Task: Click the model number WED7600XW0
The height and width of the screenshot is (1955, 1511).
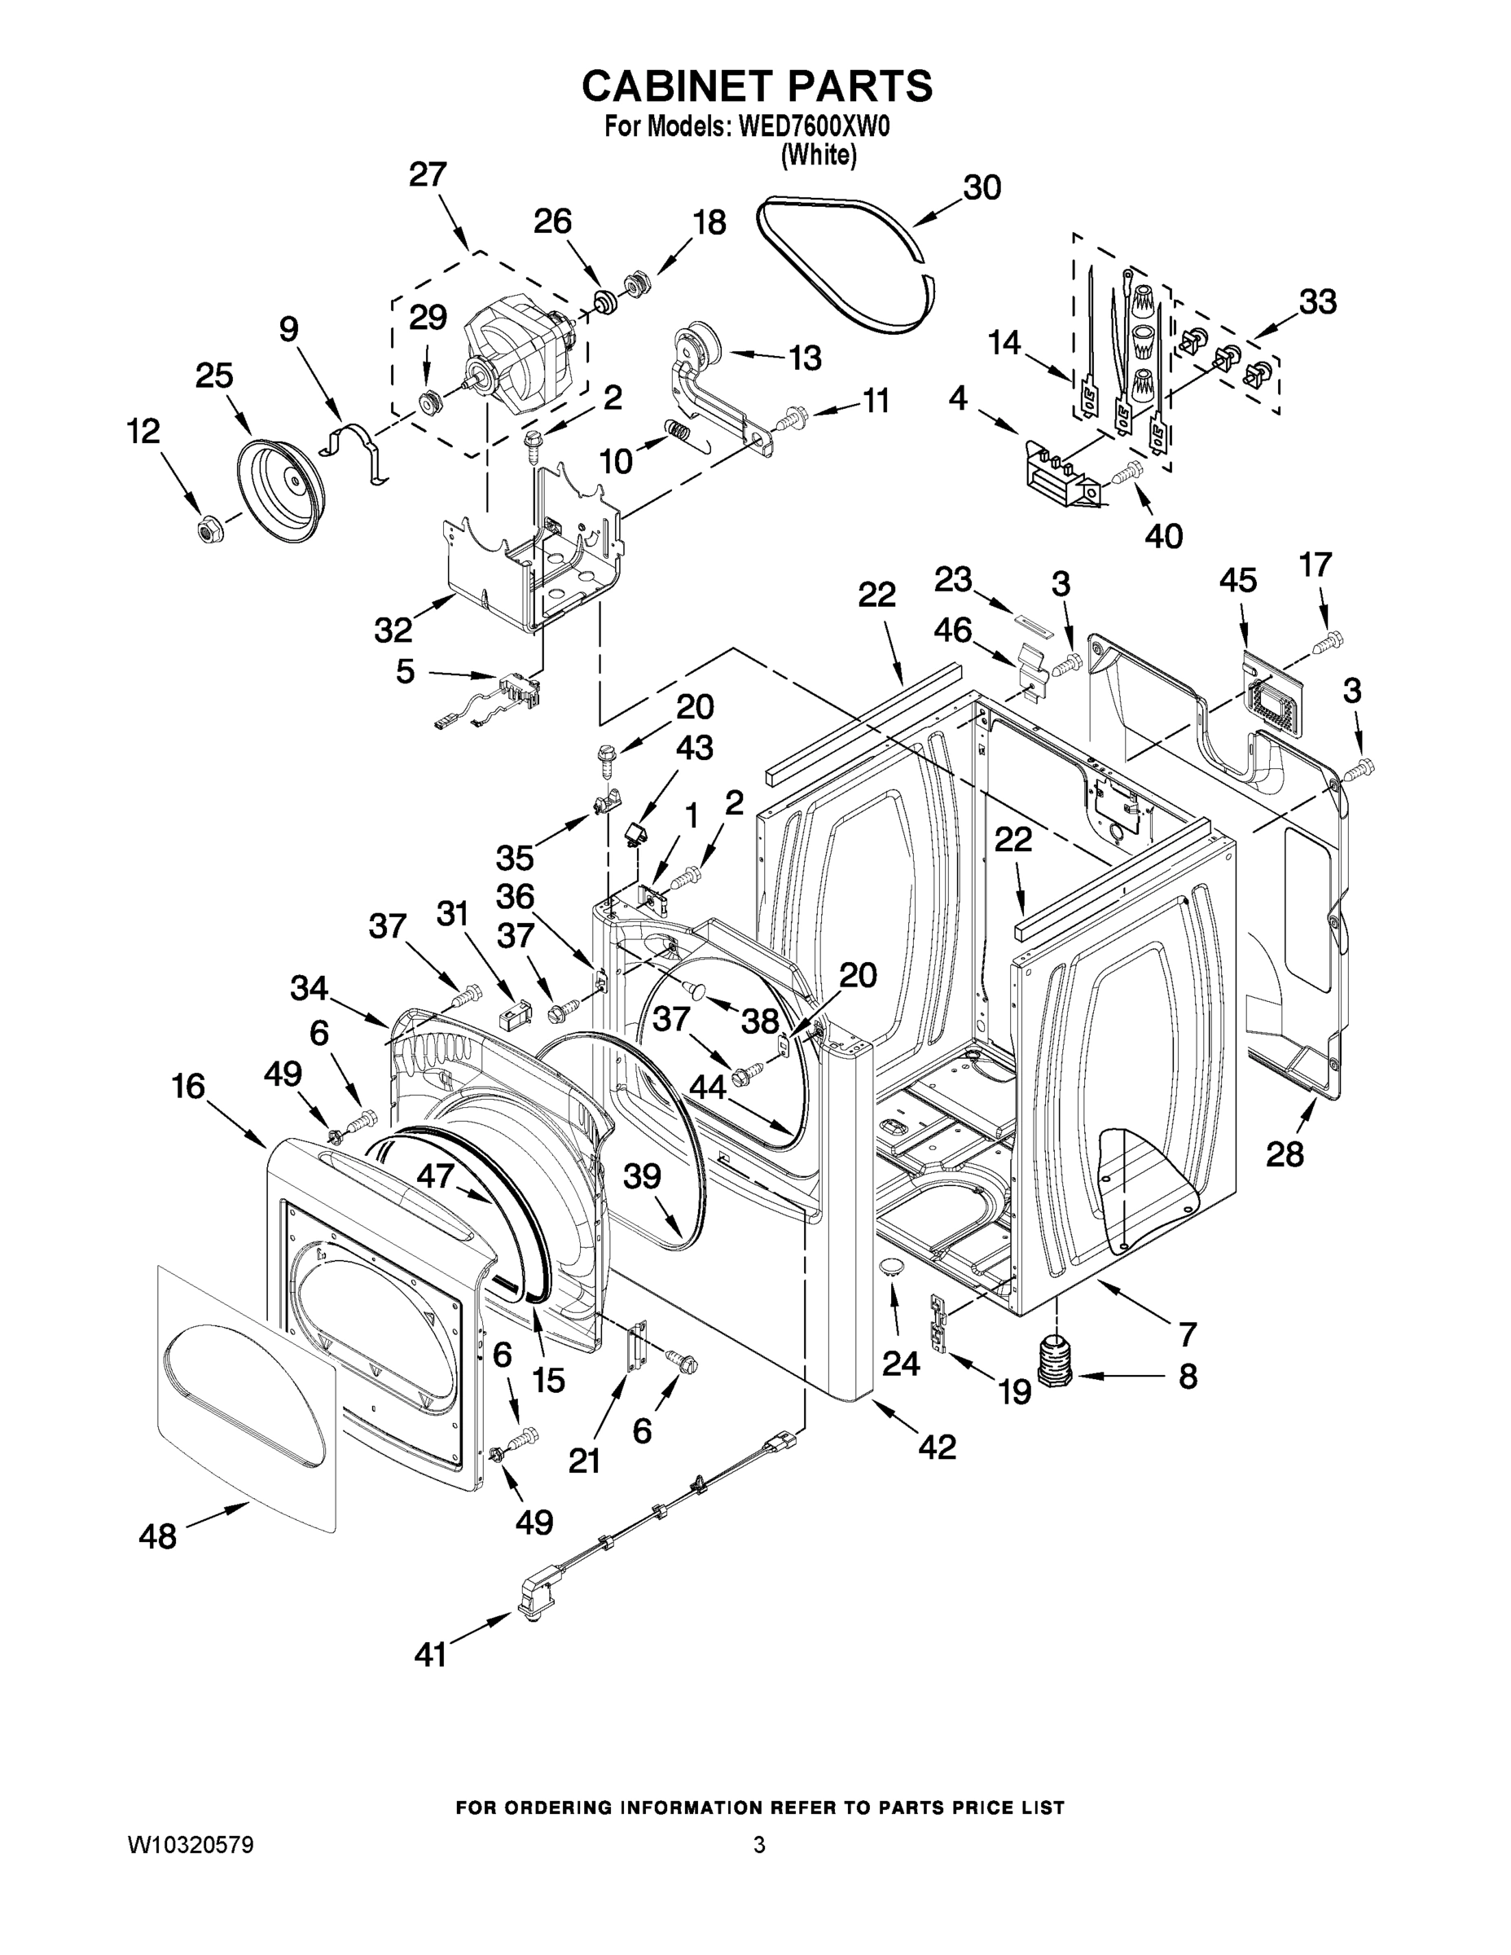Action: pyautogui.click(x=814, y=128)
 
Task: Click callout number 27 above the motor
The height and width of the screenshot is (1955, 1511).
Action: pyautogui.click(x=427, y=174)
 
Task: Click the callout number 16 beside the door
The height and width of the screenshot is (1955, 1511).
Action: pyautogui.click(x=189, y=1087)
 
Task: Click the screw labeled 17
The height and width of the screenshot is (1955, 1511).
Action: pyautogui.click(x=1331, y=640)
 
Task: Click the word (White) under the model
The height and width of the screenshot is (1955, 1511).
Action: pyautogui.click(x=818, y=156)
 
